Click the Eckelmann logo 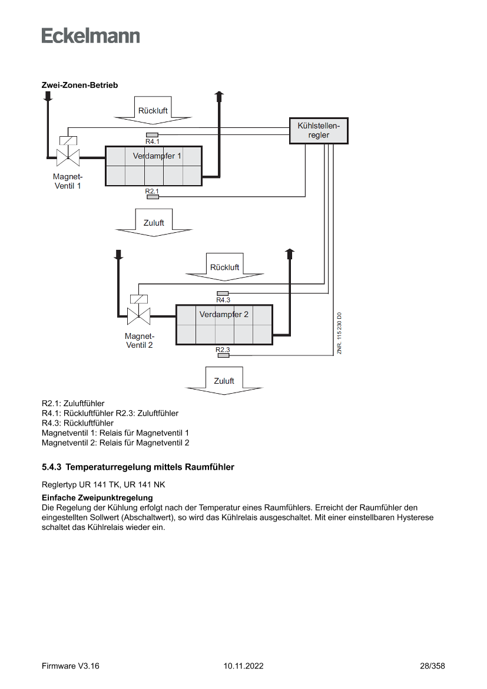[x=91, y=36]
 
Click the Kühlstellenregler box [x=319, y=130]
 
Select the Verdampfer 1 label [x=157, y=156]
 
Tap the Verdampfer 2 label [x=224, y=314]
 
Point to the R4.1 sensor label [x=153, y=141]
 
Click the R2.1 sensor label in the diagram [x=152, y=191]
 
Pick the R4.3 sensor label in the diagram [x=223, y=299]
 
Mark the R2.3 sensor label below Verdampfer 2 [x=223, y=350]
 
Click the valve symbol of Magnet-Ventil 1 [x=68, y=157]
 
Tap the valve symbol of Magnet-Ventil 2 [x=138, y=316]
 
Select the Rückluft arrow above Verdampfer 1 [x=153, y=110]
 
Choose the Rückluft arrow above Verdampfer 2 [x=224, y=266]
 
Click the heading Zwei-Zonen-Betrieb [x=79, y=85]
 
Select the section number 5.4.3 [x=52, y=467]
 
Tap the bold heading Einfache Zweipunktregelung [x=97, y=498]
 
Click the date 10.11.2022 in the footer [x=243, y=666]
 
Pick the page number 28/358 [x=432, y=666]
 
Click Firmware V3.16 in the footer [x=71, y=666]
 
